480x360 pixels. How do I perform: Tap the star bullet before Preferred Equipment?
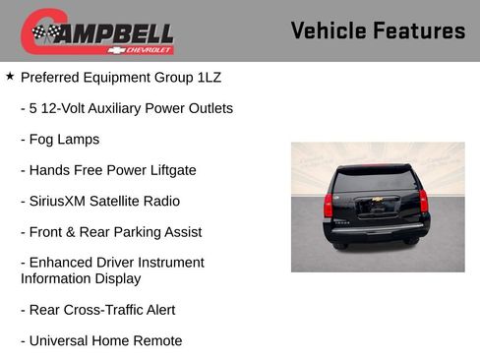coord(10,76)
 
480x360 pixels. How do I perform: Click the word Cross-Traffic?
coord(108,310)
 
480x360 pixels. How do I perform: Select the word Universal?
coord(63,340)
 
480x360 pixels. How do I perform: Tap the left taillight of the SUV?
coord(329,204)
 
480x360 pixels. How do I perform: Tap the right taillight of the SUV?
coord(423,202)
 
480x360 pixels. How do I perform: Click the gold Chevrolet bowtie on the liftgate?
coord(376,207)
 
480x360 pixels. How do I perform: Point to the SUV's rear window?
coord(375,182)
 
